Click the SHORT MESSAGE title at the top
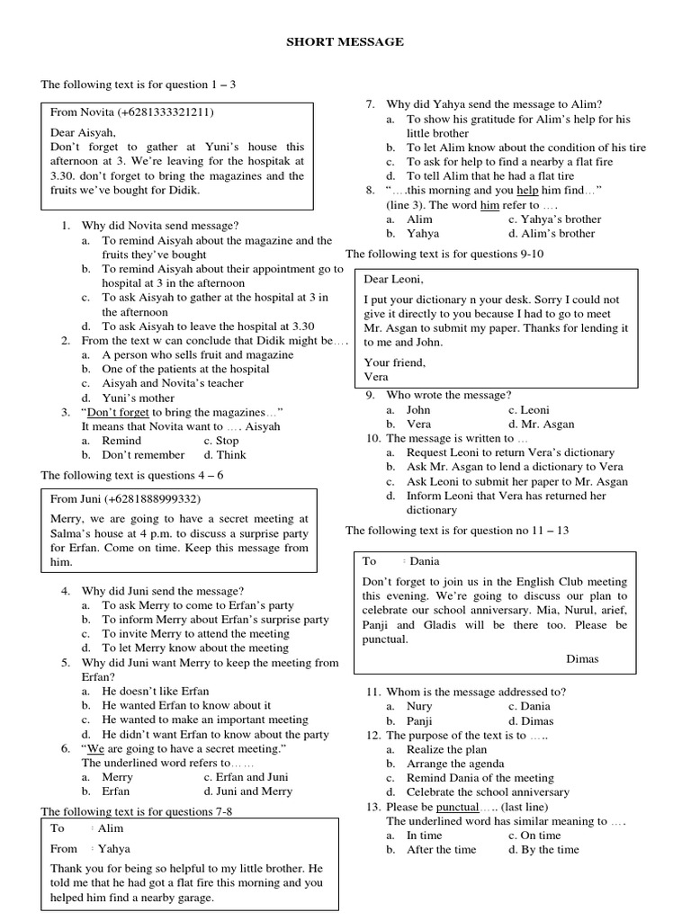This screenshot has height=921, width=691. coord(345,41)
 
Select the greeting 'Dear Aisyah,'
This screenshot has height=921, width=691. coord(83,131)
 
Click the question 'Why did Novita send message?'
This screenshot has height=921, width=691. coord(159,225)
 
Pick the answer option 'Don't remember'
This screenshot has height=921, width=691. coord(142,455)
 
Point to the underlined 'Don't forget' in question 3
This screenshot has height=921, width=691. coord(117,412)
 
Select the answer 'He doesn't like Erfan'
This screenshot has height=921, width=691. coord(155,691)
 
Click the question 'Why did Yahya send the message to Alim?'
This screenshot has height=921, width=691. coord(494,104)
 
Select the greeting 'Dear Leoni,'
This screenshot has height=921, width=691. coord(393,279)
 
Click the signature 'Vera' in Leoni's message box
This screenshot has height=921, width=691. coord(376,377)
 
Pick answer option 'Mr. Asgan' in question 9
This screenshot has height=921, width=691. coord(548,424)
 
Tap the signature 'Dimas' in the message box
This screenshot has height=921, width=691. coord(582,658)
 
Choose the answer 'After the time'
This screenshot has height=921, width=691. coord(441,849)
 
